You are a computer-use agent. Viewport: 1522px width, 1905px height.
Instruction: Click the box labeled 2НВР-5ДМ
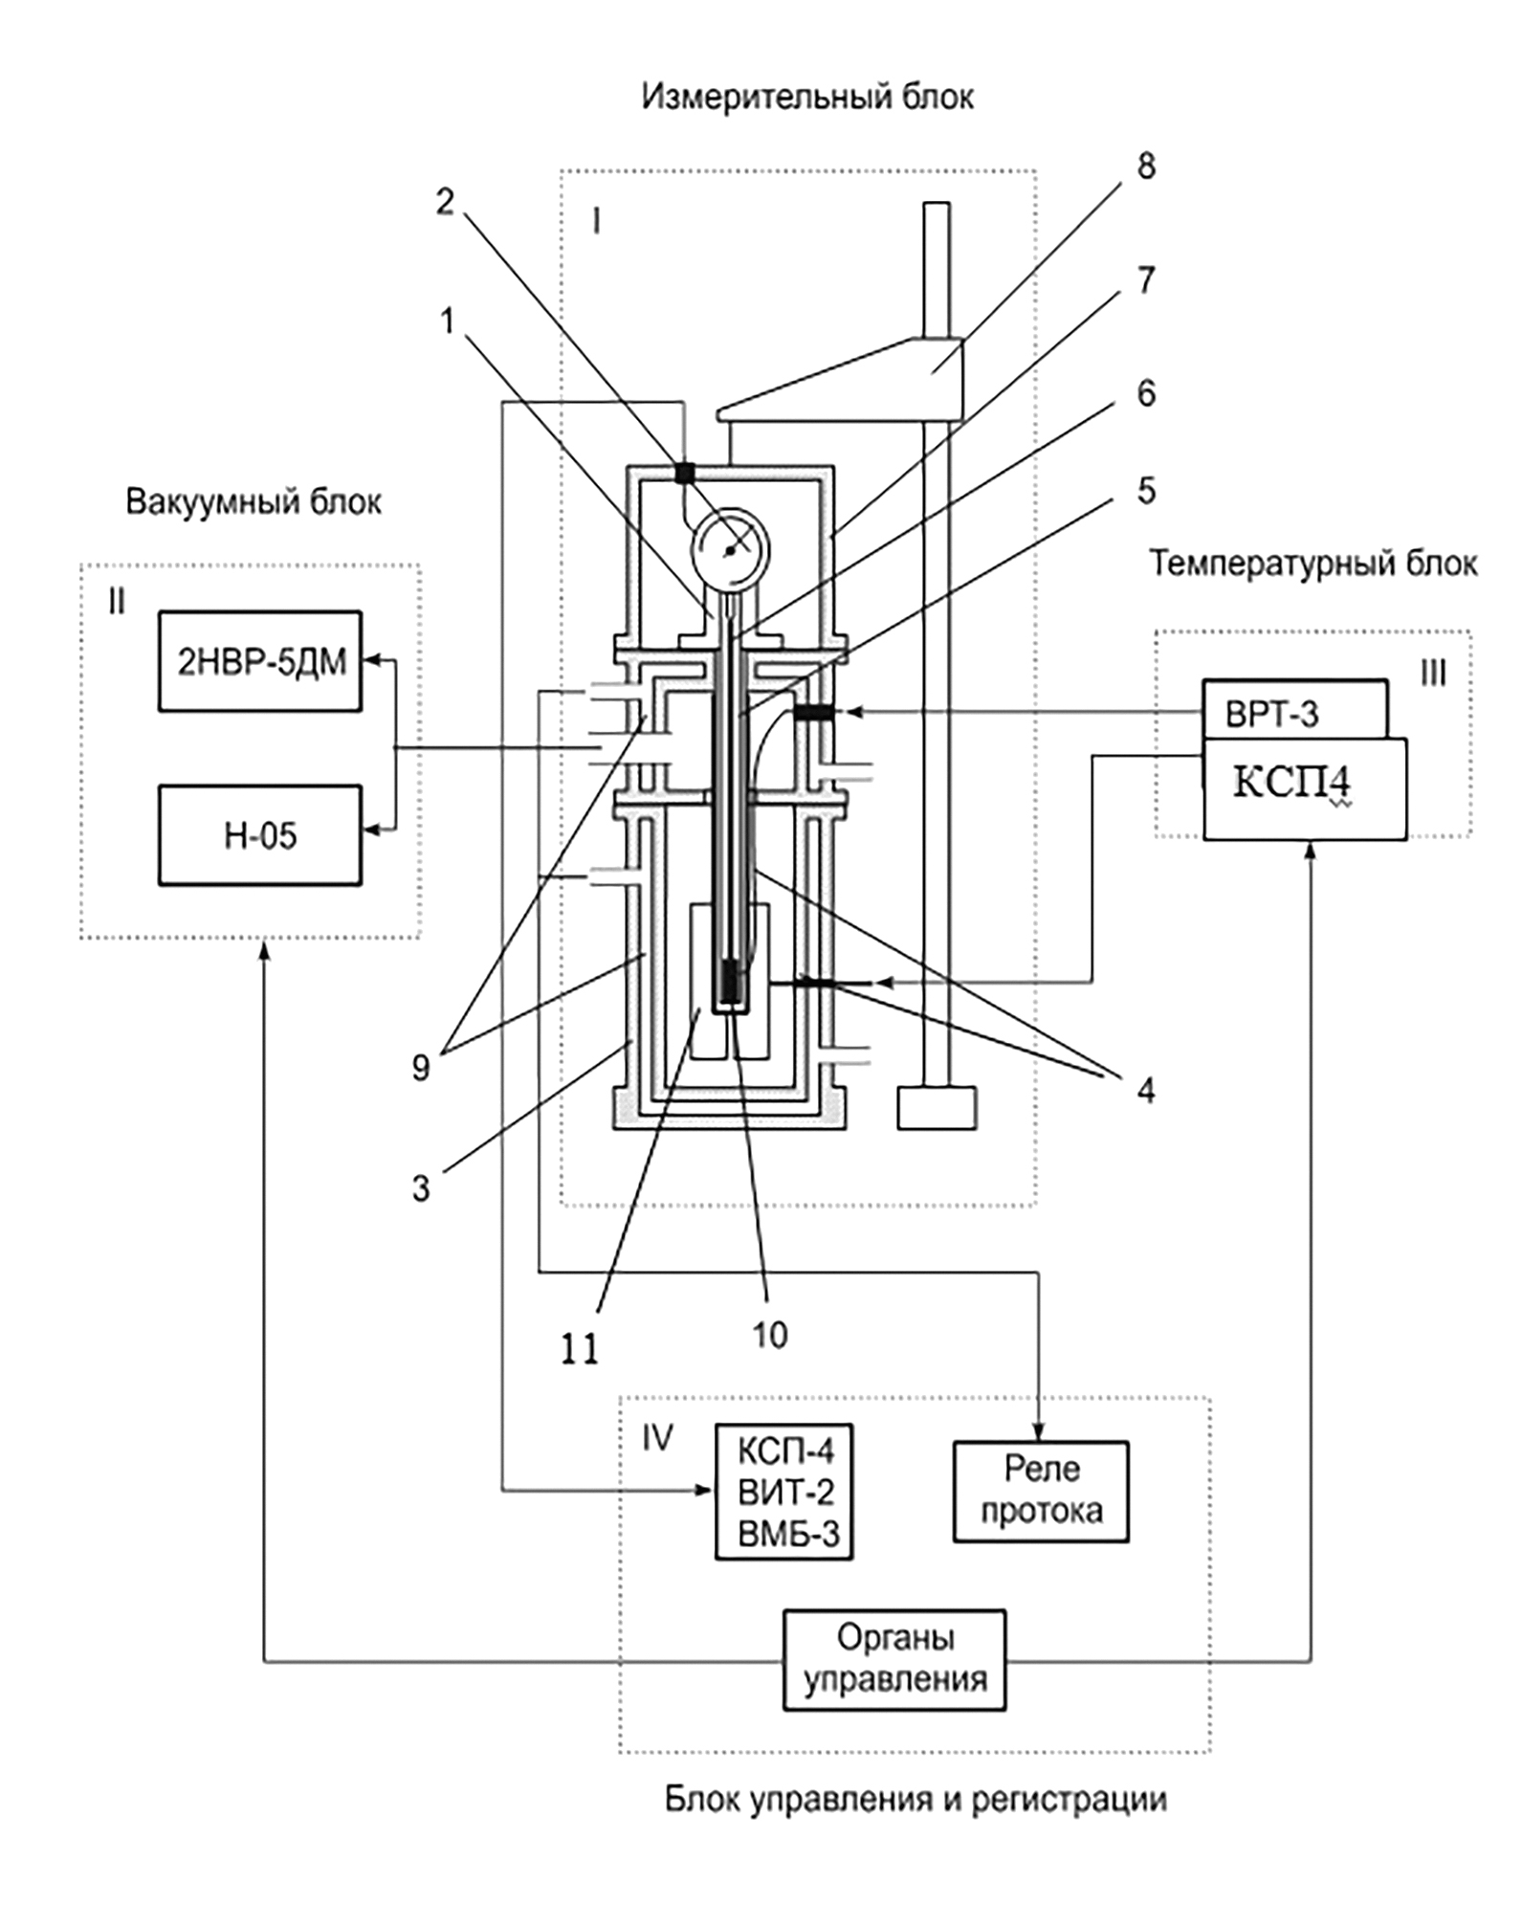pyautogui.click(x=260, y=661)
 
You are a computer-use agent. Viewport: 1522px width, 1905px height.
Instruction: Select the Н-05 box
pyautogui.click(x=260, y=835)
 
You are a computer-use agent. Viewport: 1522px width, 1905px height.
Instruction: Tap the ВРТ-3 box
pyautogui.click(x=1293, y=710)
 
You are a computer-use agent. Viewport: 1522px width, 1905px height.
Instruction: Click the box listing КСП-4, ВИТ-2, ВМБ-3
pyautogui.click(x=784, y=1492)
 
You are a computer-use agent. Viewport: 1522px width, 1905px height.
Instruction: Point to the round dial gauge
pyautogui.click(x=731, y=546)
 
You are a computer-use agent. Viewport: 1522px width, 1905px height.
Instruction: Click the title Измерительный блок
pyautogui.click(x=807, y=97)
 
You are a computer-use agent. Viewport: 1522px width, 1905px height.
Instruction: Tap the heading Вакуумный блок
pyautogui.click(x=254, y=502)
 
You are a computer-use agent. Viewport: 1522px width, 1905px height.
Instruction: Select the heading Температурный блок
pyautogui.click(x=1312, y=564)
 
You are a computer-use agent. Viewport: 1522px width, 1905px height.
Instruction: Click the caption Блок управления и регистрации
pyautogui.click(x=915, y=1800)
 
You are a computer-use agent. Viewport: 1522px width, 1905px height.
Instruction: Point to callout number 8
pyautogui.click(x=1146, y=166)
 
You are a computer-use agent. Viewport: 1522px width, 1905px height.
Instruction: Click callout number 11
pyautogui.click(x=580, y=1349)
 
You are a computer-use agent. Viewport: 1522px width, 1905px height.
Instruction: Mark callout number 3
pyautogui.click(x=421, y=1188)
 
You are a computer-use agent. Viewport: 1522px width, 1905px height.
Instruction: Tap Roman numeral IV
pyautogui.click(x=656, y=1438)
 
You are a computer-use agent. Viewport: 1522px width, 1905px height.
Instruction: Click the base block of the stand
pyautogui.click(x=937, y=1108)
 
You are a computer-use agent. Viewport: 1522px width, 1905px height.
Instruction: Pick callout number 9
pyautogui.click(x=421, y=1068)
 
